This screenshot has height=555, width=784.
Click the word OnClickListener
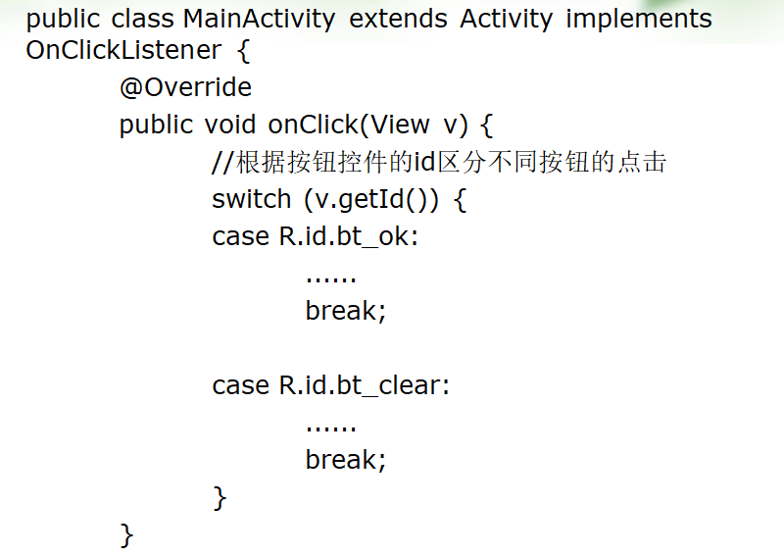[x=123, y=52]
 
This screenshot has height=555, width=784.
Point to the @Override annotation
[x=185, y=87]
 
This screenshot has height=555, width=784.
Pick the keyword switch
[x=251, y=199]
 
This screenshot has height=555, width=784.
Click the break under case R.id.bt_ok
[x=345, y=311]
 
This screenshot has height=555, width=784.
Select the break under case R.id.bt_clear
[x=345, y=460]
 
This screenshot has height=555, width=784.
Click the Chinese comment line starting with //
[x=439, y=162]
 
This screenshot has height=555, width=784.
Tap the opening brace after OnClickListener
[x=244, y=52]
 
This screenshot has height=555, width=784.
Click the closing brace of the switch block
[x=220, y=498]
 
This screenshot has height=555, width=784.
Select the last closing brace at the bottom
[x=126, y=535]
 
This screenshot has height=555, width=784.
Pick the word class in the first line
[x=147, y=20]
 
